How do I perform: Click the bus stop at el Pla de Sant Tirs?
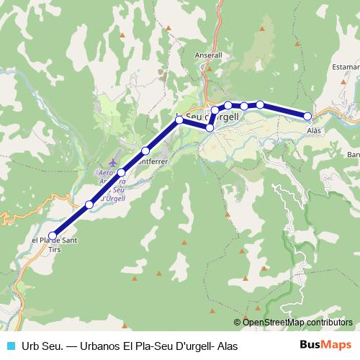(53, 235)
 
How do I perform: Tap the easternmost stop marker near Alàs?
(307, 116)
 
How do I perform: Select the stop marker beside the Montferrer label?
(145, 150)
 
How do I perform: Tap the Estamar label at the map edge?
(346, 66)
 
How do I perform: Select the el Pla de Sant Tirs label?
(51, 245)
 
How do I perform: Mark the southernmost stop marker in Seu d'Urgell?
(210, 127)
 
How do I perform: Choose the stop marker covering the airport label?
(122, 173)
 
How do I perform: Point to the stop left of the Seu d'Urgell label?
(179, 119)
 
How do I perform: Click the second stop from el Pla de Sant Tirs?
(89, 204)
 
